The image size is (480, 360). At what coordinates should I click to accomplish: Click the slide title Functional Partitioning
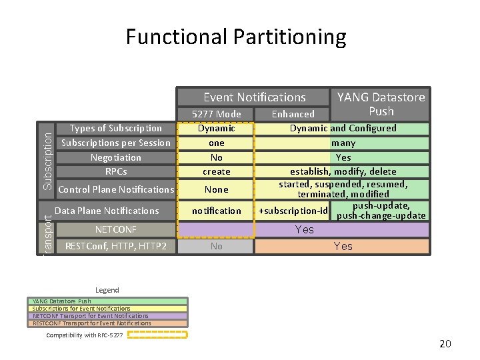click(x=236, y=37)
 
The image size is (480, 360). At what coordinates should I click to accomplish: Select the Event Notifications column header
click(x=254, y=97)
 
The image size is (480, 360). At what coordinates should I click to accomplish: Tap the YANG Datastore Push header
click(x=381, y=104)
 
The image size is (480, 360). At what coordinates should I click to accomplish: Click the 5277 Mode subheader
click(x=216, y=114)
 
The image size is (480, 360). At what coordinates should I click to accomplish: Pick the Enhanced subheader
click(x=293, y=114)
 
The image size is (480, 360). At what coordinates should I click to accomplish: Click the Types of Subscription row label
click(x=116, y=128)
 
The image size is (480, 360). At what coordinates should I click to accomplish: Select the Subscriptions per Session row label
click(x=116, y=143)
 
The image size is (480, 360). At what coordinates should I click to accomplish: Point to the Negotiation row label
click(x=116, y=157)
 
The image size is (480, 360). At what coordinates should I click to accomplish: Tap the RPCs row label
click(x=116, y=171)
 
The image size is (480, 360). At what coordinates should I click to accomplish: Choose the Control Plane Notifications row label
click(x=116, y=189)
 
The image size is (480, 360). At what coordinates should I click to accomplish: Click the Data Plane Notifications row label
click(x=107, y=211)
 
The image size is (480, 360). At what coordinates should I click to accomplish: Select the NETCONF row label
click(x=116, y=229)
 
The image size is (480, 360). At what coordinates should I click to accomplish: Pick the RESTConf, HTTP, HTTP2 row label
click(x=116, y=246)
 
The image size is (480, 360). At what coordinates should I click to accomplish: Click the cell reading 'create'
click(x=216, y=171)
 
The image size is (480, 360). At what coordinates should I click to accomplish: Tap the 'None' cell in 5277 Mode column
click(x=216, y=189)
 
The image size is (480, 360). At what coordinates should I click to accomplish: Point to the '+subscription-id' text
click(x=293, y=211)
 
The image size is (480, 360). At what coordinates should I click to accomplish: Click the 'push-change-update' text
click(x=381, y=215)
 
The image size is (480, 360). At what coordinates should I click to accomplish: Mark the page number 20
click(x=445, y=344)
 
